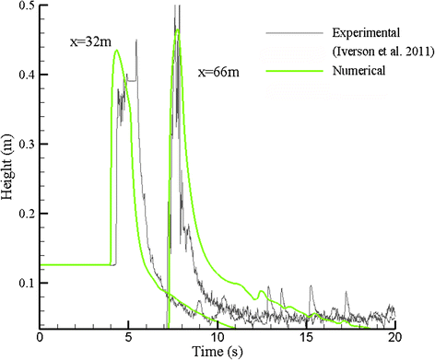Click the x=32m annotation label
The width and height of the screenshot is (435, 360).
pos(91,41)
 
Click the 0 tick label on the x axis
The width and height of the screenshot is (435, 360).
pos(40,338)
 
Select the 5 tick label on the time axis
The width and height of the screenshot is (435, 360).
pos(128,338)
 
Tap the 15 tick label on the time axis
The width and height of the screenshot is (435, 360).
pos(306,338)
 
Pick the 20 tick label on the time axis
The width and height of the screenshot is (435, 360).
pos(394,338)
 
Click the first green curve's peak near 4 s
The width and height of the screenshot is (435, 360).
pos(117,51)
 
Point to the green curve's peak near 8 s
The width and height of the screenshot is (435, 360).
pos(177,30)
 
